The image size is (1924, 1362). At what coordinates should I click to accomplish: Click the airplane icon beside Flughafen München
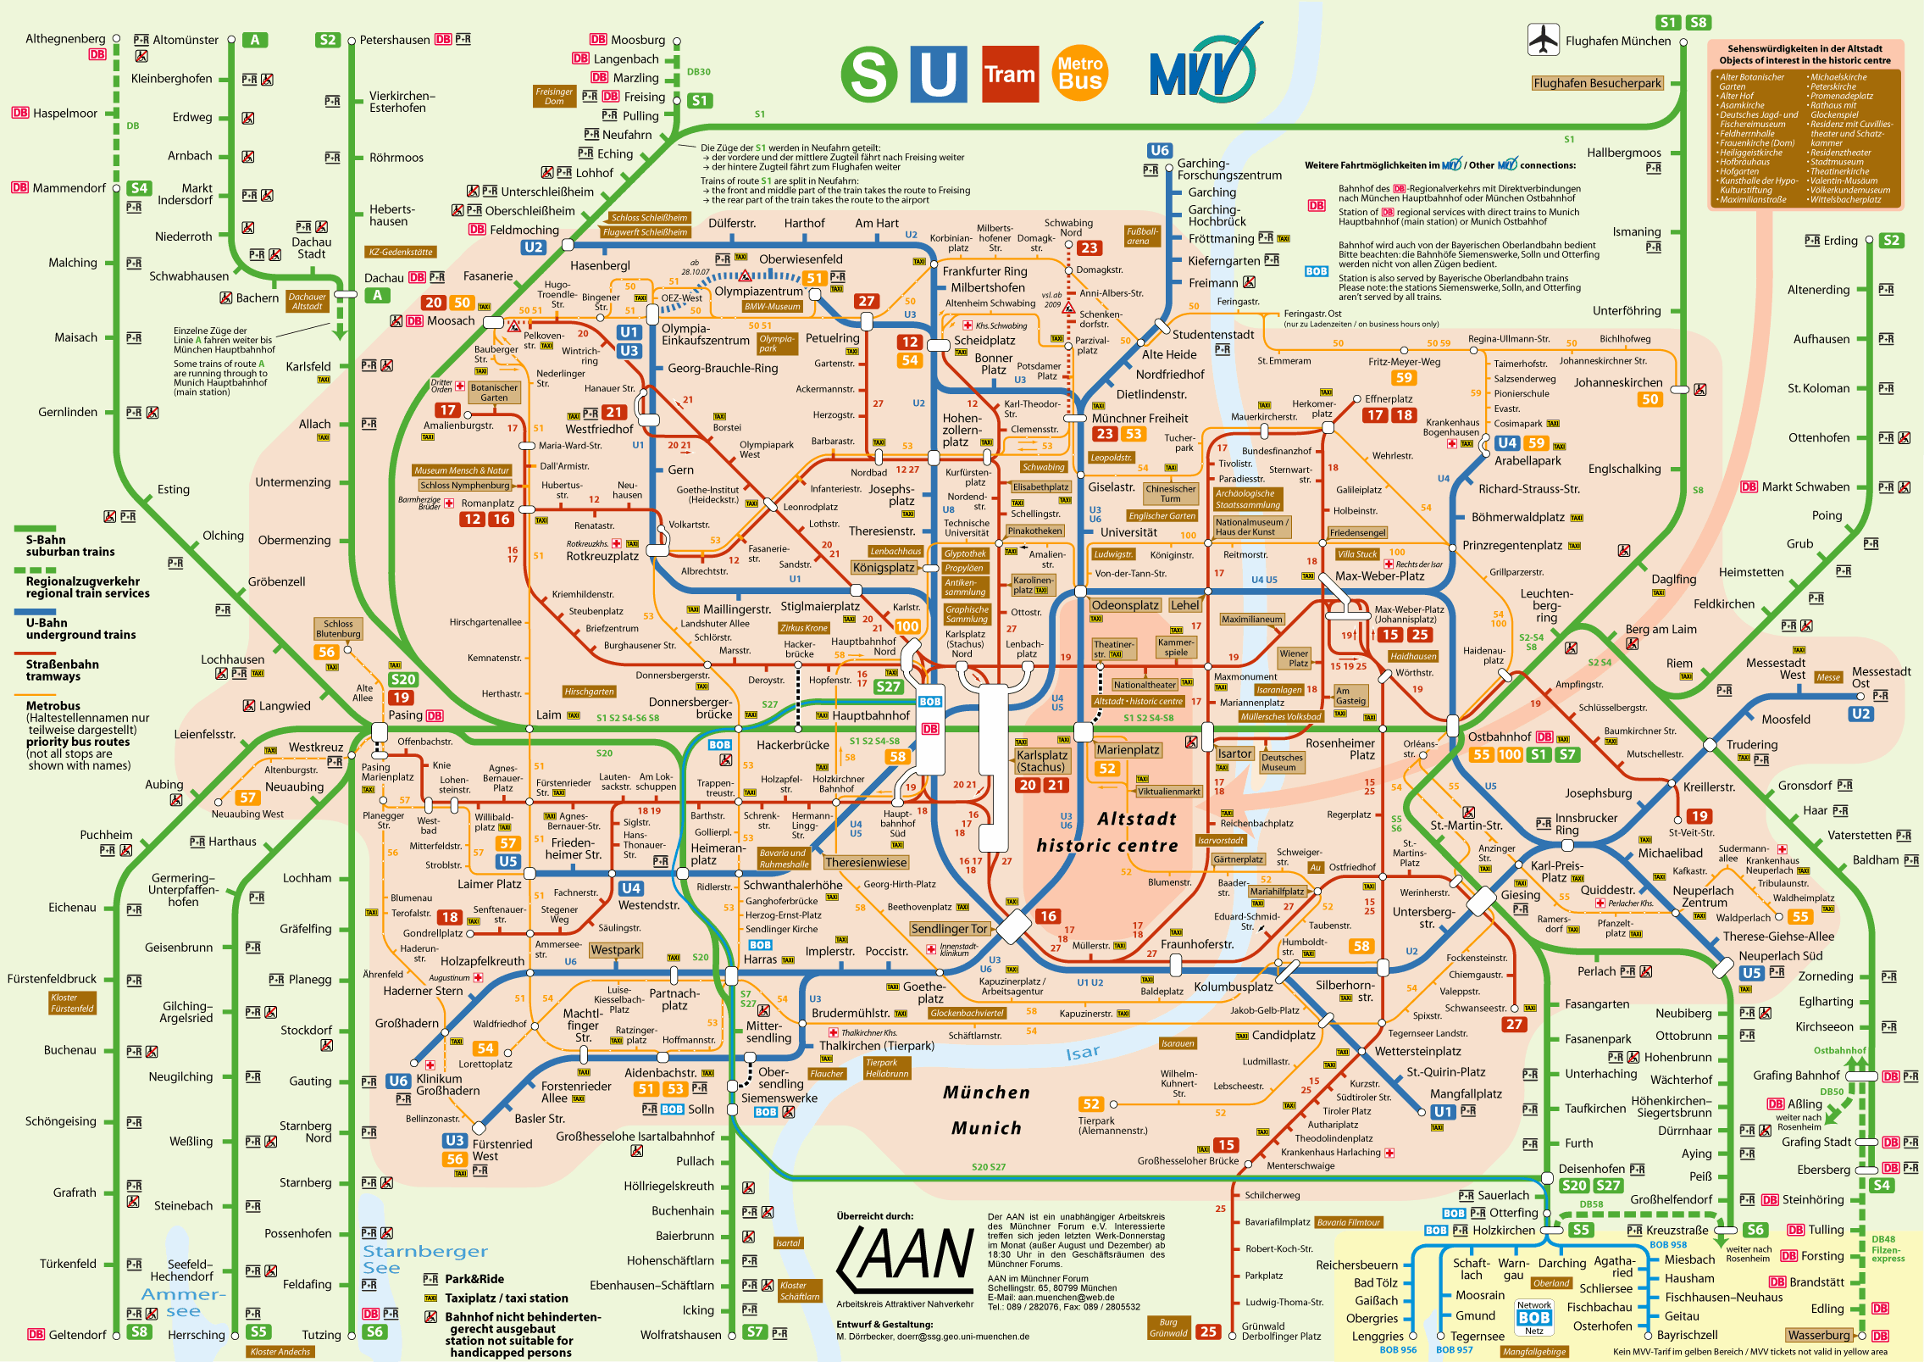pyautogui.click(x=1543, y=39)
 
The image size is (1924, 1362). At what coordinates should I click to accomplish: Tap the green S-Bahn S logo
pyautogui.click(x=868, y=74)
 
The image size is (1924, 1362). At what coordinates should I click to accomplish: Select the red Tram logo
pyautogui.click(x=1010, y=75)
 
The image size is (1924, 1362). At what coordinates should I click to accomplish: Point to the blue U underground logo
pyautogui.click(x=939, y=75)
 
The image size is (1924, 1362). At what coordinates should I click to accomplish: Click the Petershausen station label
pyautogui.click(x=394, y=40)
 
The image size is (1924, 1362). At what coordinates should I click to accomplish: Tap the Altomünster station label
pyautogui.click(x=186, y=40)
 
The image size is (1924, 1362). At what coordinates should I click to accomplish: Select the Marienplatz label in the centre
pyautogui.click(x=1127, y=750)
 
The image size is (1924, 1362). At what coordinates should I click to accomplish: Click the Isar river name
pyautogui.click(x=1082, y=1053)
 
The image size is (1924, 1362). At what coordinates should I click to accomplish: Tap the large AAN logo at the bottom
pyautogui.click(x=905, y=1255)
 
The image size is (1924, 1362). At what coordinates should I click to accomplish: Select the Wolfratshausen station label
pyautogui.click(x=680, y=1335)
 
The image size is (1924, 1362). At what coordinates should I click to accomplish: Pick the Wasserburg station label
pyautogui.click(x=1818, y=1335)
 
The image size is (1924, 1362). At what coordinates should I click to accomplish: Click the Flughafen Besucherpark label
pyautogui.click(x=1597, y=83)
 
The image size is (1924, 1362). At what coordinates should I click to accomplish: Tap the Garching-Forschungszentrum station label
pyautogui.click(x=1228, y=169)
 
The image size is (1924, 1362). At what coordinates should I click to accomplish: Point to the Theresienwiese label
pyautogui.click(x=865, y=862)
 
